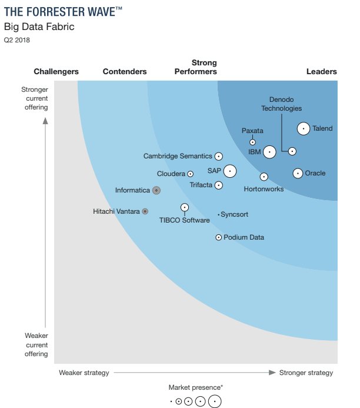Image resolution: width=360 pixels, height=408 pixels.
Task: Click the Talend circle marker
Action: pyautogui.click(x=303, y=128)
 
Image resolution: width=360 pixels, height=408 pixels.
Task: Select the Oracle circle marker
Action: pyautogui.click(x=298, y=173)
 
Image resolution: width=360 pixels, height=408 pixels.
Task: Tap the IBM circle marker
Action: pyautogui.click(x=269, y=152)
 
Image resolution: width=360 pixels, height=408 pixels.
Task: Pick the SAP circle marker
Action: pyautogui.click(x=229, y=171)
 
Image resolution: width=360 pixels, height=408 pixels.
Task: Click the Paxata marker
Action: pyautogui.click(x=253, y=142)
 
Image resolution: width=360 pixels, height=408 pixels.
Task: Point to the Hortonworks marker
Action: pyautogui.click(x=264, y=177)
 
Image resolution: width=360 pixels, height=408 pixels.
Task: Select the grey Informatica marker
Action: pyautogui.click(x=156, y=190)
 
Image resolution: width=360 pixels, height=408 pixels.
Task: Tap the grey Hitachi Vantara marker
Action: pyautogui.click(x=145, y=211)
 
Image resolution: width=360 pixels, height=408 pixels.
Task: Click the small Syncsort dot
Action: pyautogui.click(x=219, y=215)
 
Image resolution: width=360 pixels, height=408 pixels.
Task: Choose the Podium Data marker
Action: pyautogui.click(x=219, y=237)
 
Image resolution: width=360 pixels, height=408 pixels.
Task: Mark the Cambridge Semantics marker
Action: pyautogui.click(x=218, y=156)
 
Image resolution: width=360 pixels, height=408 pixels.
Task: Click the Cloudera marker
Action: pyautogui.click(x=190, y=174)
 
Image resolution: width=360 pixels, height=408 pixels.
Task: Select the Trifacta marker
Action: pyautogui.click(x=218, y=185)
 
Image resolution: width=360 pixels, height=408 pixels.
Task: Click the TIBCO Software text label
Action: pyautogui.click(x=184, y=220)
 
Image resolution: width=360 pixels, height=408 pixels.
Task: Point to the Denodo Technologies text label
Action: pyautogui.click(x=281, y=104)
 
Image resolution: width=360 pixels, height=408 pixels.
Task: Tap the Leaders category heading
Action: pyautogui.click(x=322, y=72)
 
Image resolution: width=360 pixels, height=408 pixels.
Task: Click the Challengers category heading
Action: pyautogui.click(x=56, y=72)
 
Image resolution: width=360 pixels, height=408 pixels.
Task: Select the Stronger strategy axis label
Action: pyautogui.click(x=306, y=373)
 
